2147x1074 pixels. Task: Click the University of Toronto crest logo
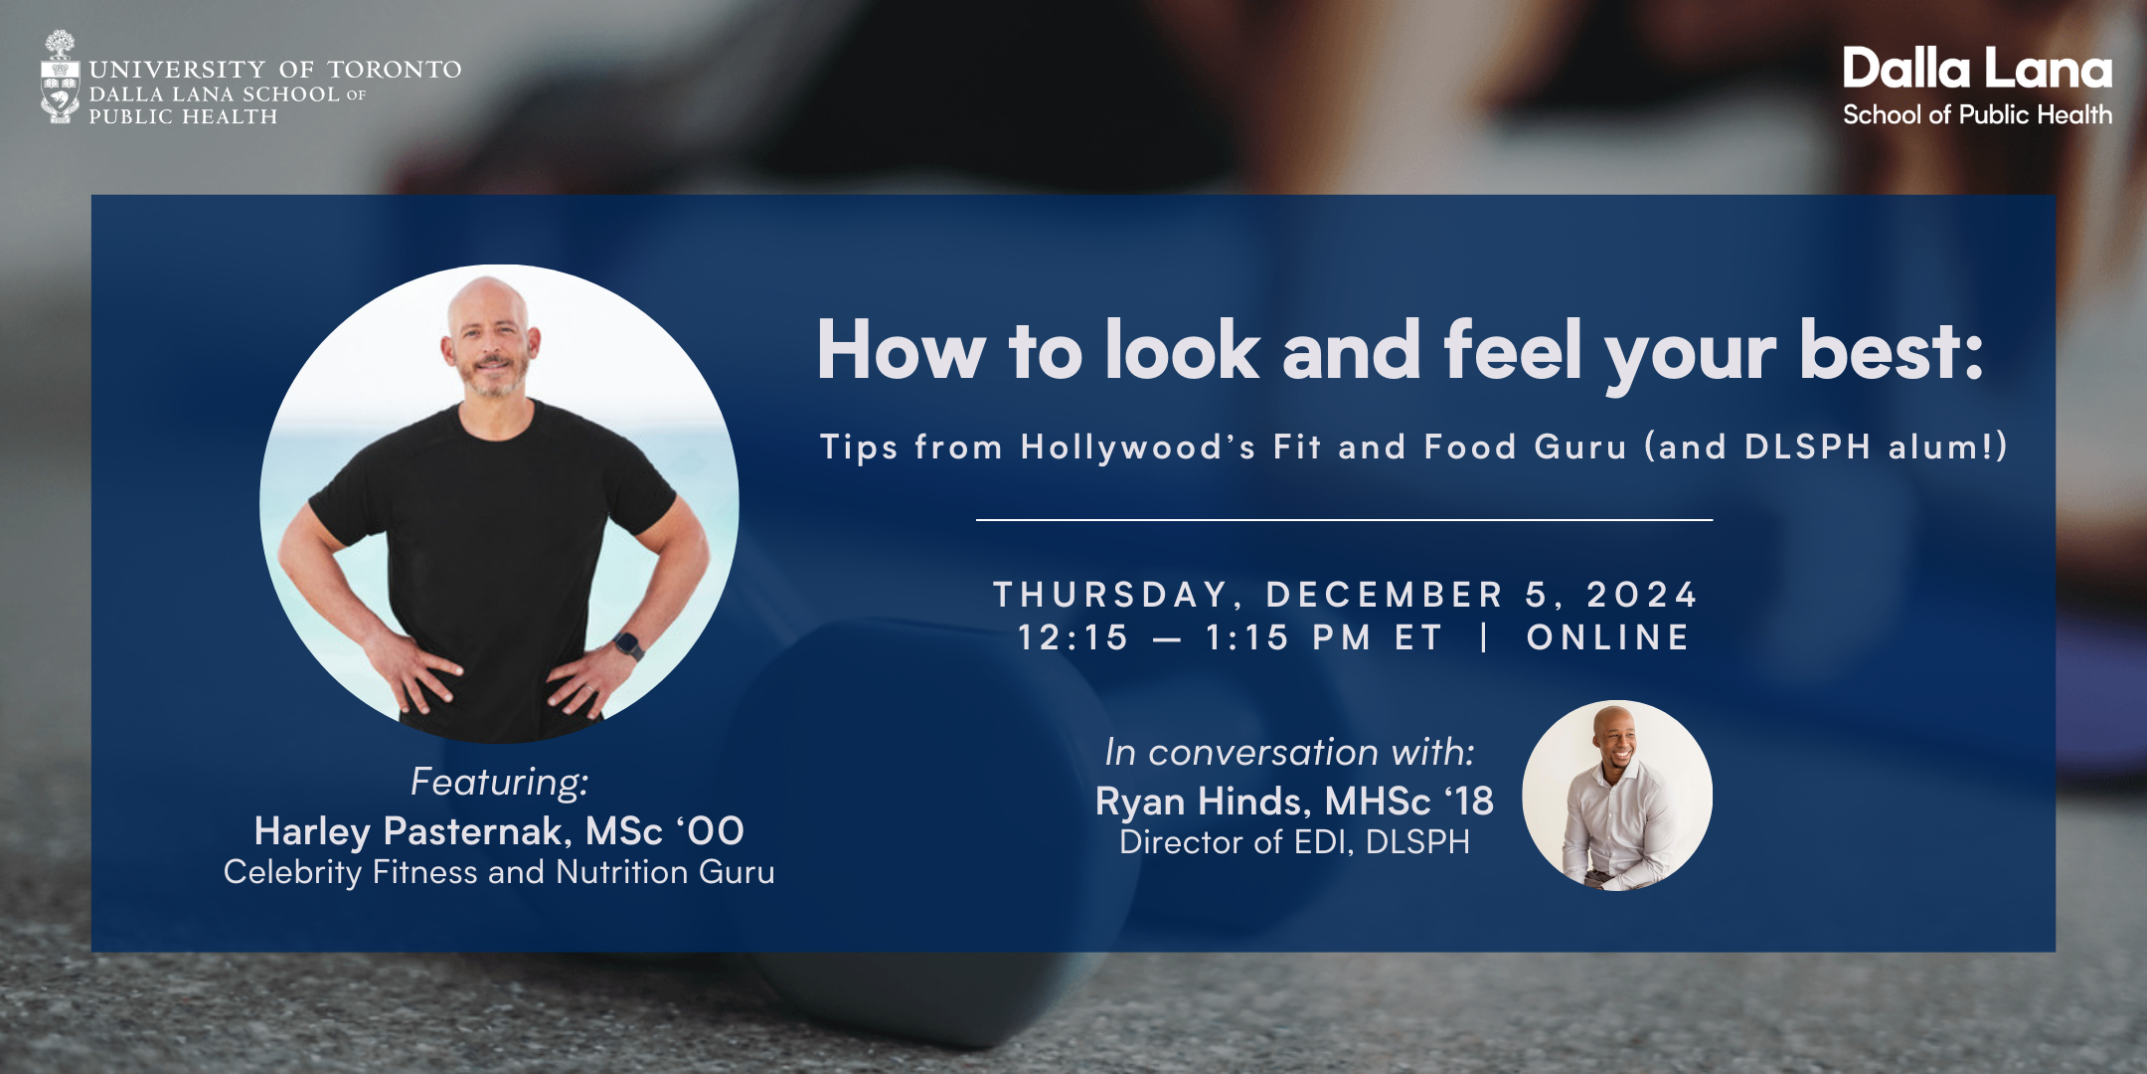60,77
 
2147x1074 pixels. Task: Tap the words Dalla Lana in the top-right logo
1977,70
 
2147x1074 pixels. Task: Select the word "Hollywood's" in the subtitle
1138,447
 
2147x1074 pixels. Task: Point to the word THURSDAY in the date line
1111,595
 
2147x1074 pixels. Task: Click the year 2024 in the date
1642,595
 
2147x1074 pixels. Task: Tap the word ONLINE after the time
1608,637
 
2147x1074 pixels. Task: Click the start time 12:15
1073,637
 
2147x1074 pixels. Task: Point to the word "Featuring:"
500,782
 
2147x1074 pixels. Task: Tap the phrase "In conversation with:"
1289,752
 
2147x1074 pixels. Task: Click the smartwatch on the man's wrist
629,645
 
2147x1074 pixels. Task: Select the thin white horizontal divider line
1344,519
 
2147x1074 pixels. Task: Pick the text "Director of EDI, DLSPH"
1294,842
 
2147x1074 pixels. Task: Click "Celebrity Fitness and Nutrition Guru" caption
499,872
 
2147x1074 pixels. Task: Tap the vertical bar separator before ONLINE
1484,637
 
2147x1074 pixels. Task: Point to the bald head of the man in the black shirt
487,303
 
